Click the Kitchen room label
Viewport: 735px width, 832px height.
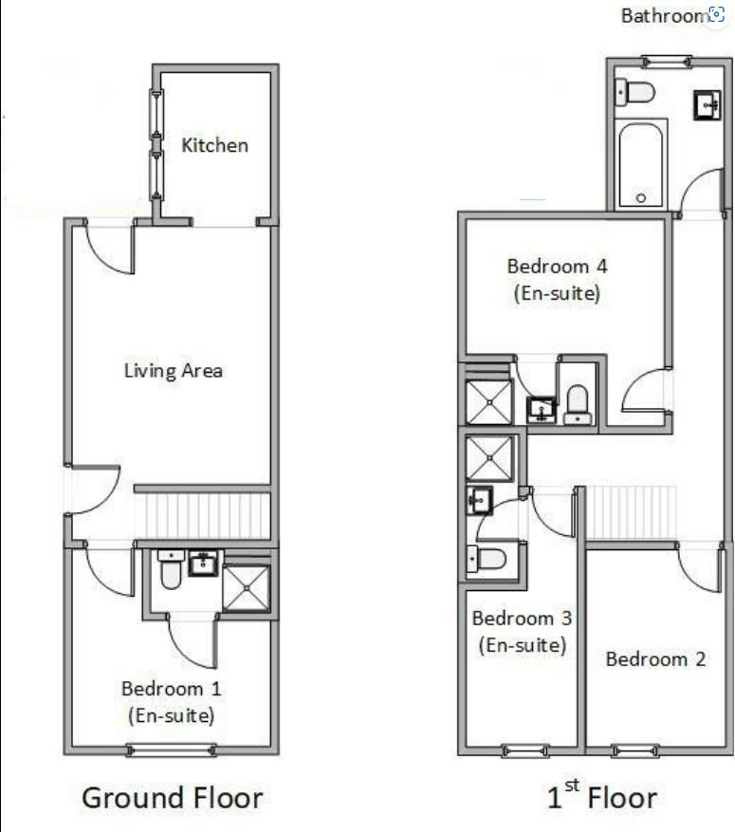click(x=214, y=145)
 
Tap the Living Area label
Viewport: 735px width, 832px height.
click(x=174, y=370)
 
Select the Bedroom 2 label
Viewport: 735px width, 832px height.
click(x=655, y=659)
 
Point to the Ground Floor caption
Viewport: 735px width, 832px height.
click(x=172, y=797)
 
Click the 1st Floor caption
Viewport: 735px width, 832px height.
click(x=601, y=797)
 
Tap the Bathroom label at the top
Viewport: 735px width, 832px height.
click(x=664, y=15)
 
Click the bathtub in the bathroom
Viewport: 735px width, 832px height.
click(x=641, y=165)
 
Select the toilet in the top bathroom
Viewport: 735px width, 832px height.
click(x=635, y=92)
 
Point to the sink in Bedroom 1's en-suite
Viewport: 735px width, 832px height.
click(x=203, y=564)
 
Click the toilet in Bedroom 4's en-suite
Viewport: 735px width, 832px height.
click(x=577, y=404)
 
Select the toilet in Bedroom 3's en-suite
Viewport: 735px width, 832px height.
click(x=488, y=559)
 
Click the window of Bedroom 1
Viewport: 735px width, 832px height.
click(x=172, y=751)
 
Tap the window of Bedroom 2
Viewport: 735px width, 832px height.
click(x=634, y=750)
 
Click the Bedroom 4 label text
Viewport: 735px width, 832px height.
click(x=557, y=266)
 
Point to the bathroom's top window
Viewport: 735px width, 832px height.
click(x=667, y=62)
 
